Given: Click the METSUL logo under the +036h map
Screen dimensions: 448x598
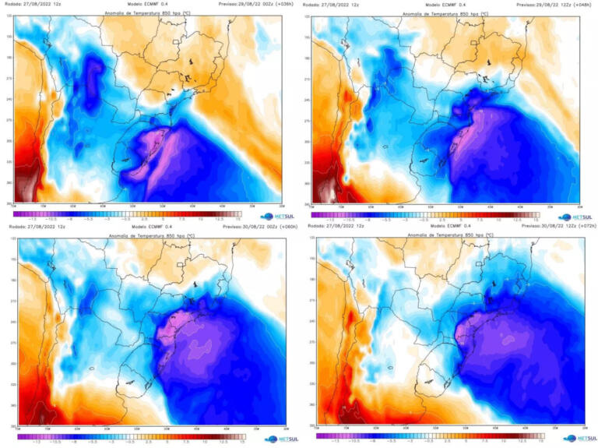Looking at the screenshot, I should tap(277, 216).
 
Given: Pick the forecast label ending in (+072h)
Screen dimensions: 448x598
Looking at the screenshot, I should tap(551, 227).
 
